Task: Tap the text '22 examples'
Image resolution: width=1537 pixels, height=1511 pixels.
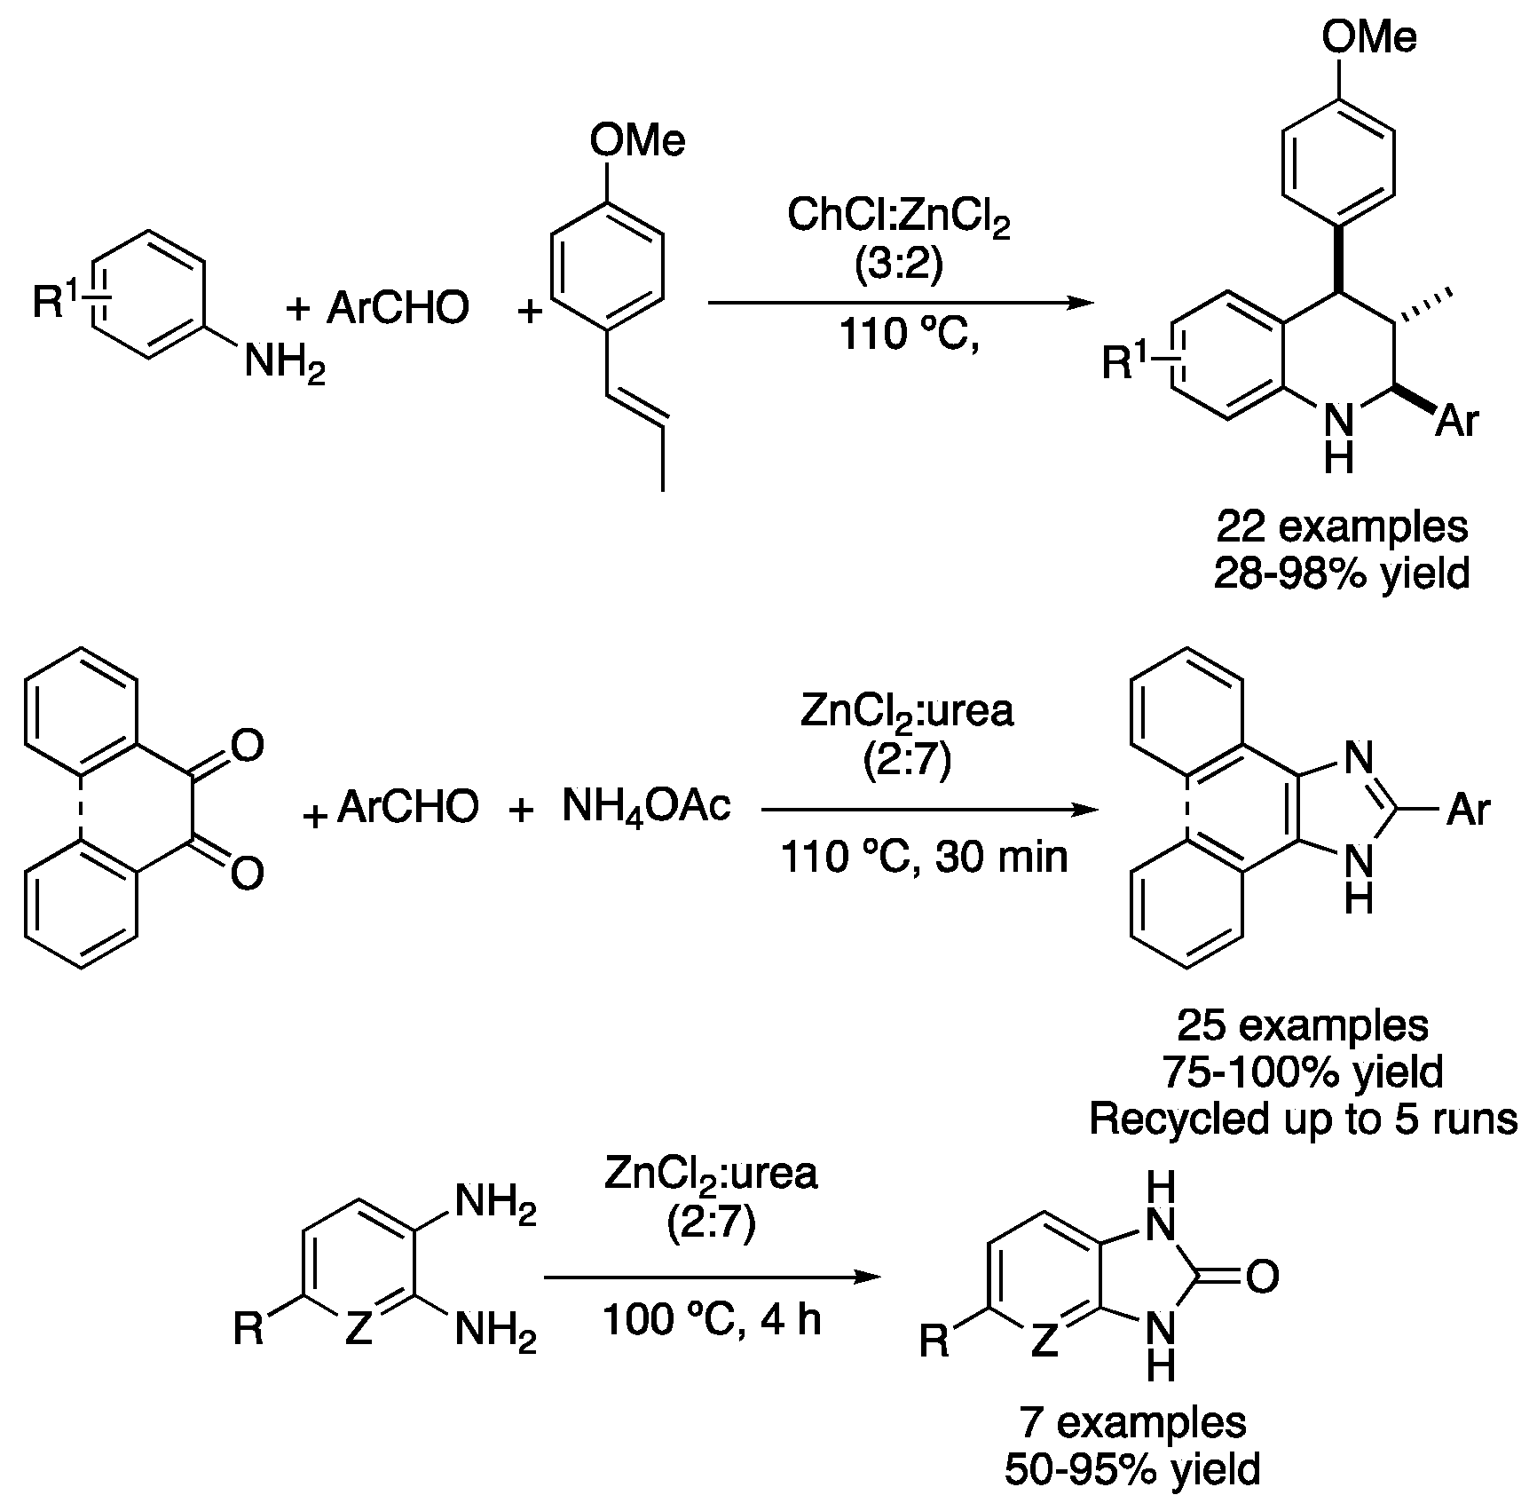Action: click(1342, 527)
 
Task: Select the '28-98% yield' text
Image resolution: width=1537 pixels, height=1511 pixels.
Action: click(1342, 574)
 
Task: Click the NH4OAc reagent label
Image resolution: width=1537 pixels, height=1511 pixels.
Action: click(647, 806)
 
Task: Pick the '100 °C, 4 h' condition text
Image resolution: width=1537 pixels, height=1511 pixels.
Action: click(712, 1319)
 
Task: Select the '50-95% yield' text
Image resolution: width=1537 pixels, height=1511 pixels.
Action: click(1133, 1469)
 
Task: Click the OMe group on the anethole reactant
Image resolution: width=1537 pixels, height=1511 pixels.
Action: click(637, 142)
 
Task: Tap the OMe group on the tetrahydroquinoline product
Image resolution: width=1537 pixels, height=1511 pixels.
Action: click(1369, 37)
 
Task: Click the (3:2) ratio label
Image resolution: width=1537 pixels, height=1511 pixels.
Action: click(899, 265)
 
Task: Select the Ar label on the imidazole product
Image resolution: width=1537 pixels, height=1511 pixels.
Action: click(1469, 810)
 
